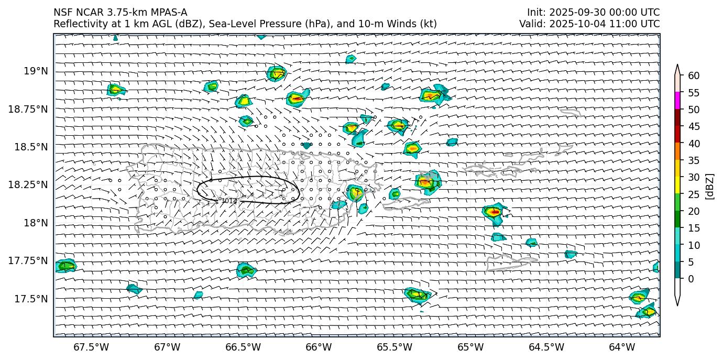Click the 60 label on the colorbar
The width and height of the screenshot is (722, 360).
click(694, 76)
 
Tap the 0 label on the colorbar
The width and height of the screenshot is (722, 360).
click(691, 279)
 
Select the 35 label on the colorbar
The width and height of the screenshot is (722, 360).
click(694, 160)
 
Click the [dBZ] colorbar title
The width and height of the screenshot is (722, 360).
click(710, 186)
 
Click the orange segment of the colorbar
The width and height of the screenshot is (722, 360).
click(677, 151)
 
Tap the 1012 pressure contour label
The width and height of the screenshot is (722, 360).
click(229, 201)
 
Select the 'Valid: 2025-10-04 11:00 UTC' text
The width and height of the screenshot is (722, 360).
click(589, 24)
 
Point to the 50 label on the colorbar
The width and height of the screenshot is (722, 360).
click(694, 110)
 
